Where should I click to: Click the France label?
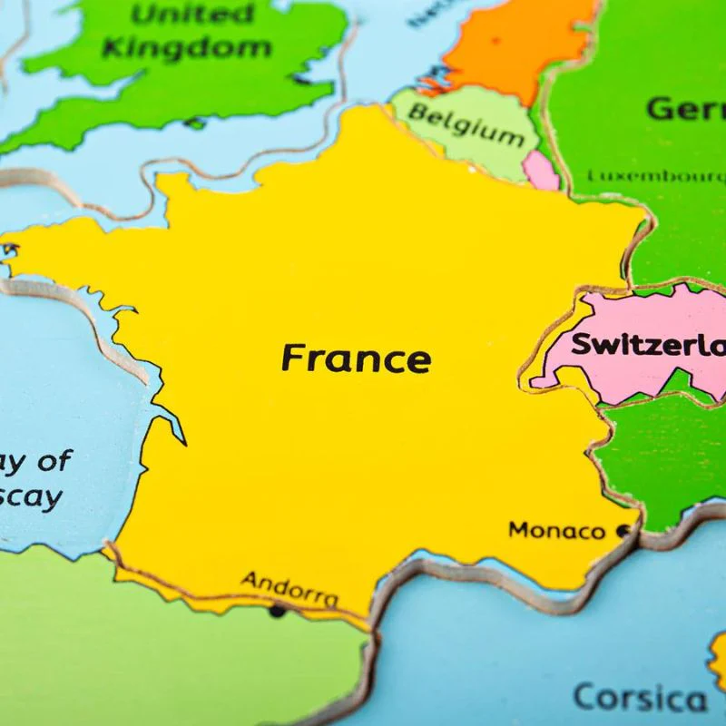[x=355, y=358]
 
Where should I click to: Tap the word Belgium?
[x=466, y=124]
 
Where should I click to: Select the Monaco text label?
[x=555, y=530]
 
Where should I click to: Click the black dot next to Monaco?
[x=623, y=531]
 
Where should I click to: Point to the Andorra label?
[x=289, y=587]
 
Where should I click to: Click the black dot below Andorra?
[x=277, y=611]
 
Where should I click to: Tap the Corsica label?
[x=639, y=698]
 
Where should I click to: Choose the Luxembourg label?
[x=655, y=175]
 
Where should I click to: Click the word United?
[x=181, y=14]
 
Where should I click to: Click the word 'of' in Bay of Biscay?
[x=53, y=460]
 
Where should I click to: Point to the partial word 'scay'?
[x=33, y=497]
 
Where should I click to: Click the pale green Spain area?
[x=136, y=653]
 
